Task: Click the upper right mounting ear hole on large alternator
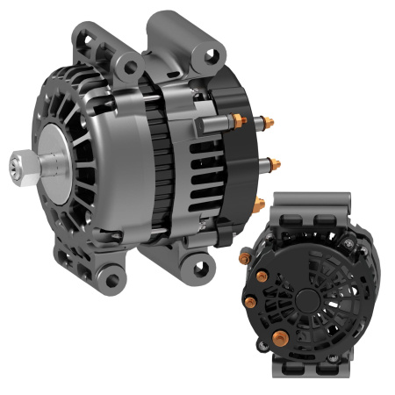click(210, 55)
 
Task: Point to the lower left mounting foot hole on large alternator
click(112, 280)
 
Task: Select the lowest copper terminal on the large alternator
click(260, 204)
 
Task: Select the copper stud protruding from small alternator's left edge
click(244, 257)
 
